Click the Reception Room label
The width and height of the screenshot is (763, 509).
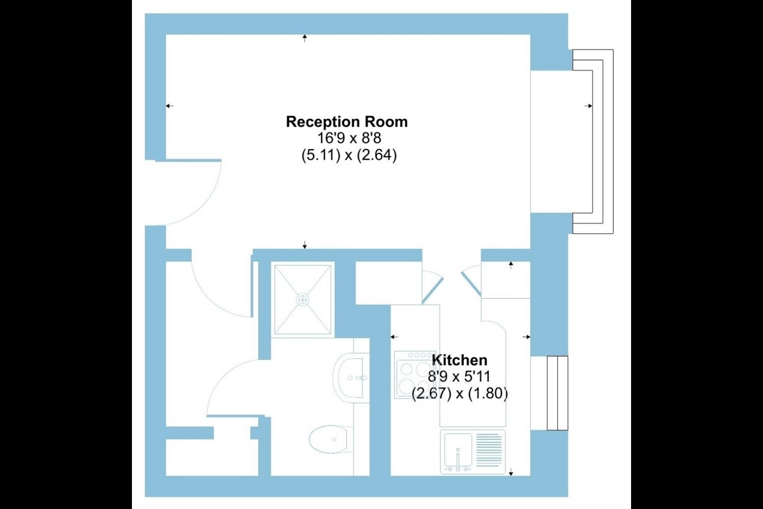coord(347,122)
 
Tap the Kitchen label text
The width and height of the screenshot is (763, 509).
coord(459,360)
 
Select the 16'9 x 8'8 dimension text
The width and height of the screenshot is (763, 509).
coord(349,138)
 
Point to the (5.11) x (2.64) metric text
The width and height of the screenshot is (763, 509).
coord(349,155)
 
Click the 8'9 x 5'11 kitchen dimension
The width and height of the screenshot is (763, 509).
coord(459,377)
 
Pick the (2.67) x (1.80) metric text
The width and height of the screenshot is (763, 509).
coord(460,394)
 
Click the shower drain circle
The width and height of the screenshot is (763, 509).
coord(303,300)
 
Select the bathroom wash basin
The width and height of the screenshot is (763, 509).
coord(351,378)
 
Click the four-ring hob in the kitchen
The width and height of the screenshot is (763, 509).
coord(415,375)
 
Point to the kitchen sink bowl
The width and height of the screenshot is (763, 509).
coord(458,449)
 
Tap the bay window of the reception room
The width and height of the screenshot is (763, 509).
coord(593,142)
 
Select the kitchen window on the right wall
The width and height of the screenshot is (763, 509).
coord(557,393)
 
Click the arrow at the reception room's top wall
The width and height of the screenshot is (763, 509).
coord(305,38)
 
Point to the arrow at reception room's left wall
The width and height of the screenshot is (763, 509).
coord(170,106)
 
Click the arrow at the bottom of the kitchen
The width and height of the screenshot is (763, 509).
coord(511,472)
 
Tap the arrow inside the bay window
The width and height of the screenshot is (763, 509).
coord(588,106)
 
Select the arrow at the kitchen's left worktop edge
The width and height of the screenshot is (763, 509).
coord(394,337)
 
